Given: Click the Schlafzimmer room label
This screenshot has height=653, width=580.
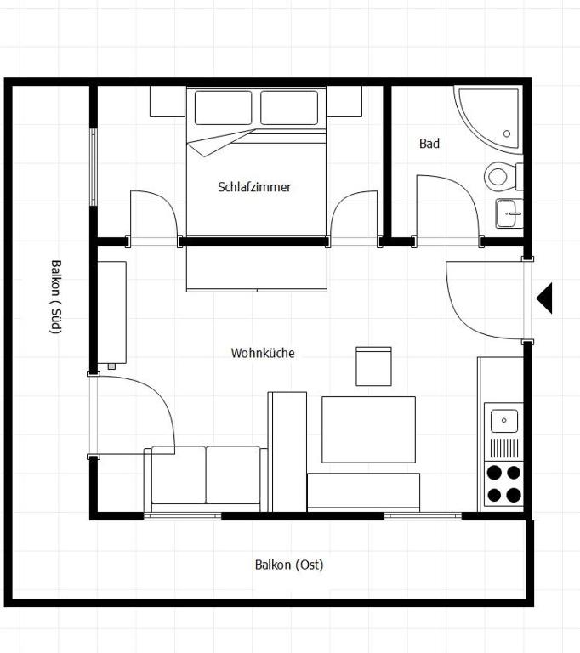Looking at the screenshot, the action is click(x=254, y=187).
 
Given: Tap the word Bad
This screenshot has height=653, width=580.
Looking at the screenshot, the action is click(x=429, y=144).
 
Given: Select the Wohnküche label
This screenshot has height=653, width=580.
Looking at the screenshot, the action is click(x=263, y=353).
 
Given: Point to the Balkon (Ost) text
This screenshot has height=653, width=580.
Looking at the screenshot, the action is click(x=289, y=565).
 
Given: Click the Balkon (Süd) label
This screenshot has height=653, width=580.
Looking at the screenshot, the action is click(x=56, y=297).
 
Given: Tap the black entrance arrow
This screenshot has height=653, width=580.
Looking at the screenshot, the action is click(x=544, y=298).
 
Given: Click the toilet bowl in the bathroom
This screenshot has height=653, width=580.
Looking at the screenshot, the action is click(x=498, y=177).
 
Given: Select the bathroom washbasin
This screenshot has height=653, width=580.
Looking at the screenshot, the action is click(x=509, y=213).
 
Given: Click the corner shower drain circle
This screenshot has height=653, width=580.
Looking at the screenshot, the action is click(x=507, y=133).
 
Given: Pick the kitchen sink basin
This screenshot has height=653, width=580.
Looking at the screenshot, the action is click(x=504, y=421).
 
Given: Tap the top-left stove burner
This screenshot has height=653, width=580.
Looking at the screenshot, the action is click(x=494, y=473).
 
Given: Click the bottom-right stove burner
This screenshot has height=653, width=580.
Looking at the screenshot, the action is click(x=514, y=495).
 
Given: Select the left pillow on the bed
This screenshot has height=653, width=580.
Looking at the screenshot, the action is click(x=224, y=107).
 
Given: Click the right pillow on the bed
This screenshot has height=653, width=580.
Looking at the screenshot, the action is click(x=289, y=107).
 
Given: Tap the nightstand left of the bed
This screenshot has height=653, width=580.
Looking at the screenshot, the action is click(x=168, y=101).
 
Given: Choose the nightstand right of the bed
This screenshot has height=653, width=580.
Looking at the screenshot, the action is click(x=344, y=101).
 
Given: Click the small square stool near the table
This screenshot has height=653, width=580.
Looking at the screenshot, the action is click(x=373, y=366).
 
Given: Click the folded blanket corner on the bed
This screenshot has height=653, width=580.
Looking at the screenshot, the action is click(x=219, y=143).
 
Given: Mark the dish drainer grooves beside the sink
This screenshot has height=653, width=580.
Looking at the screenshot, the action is click(x=504, y=448).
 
